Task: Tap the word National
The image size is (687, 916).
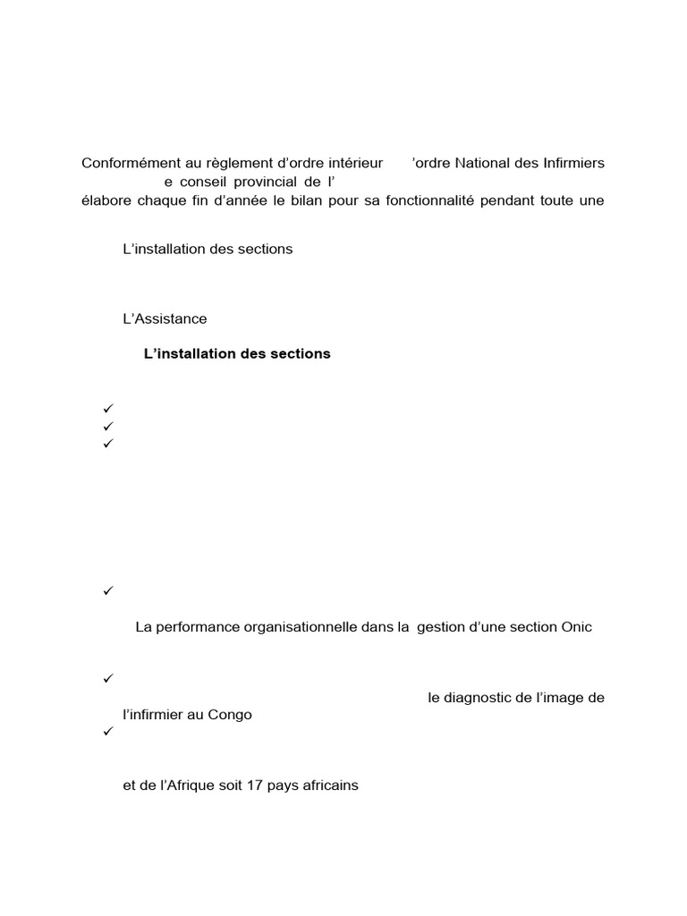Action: pyautogui.click(x=486, y=163)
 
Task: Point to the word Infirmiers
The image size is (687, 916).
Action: pyautogui.click(x=571, y=163)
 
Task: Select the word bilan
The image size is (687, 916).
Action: pyautogui.click(x=310, y=199)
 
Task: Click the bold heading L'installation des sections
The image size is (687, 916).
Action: pyautogui.click(x=237, y=353)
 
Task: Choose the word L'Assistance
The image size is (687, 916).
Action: pyautogui.click(x=165, y=318)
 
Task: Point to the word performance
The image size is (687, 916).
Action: pyautogui.click(x=198, y=627)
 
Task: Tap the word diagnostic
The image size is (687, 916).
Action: pyautogui.click(x=479, y=698)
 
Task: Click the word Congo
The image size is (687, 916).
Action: pyautogui.click(x=232, y=715)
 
